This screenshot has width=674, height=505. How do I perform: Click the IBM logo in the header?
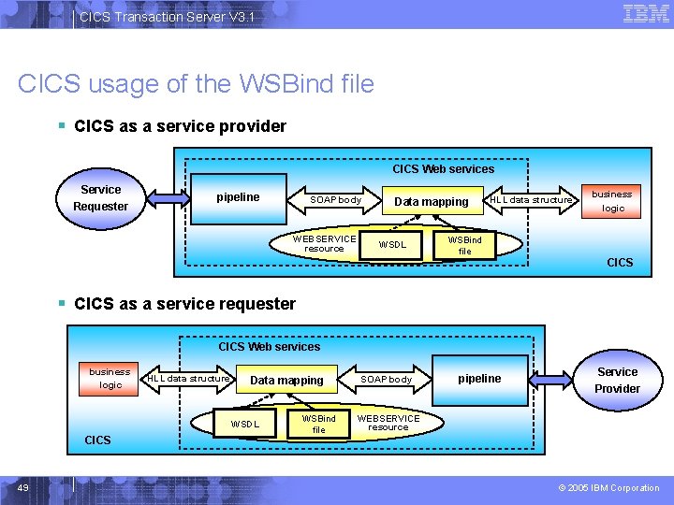tap(645, 13)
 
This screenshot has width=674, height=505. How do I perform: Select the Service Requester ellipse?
tap(100, 197)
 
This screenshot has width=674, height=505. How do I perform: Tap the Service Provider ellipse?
tap(617, 380)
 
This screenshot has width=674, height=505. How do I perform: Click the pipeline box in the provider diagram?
tap(239, 197)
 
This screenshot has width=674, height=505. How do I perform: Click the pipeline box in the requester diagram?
tap(479, 379)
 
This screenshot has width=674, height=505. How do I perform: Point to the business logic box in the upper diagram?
tap(612, 201)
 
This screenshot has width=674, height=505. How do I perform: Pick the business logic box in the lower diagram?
tap(110, 378)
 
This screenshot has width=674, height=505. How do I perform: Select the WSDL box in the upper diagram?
tap(392, 245)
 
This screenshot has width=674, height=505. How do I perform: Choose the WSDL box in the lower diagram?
tap(244, 424)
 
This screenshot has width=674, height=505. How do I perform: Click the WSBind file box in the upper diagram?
tap(464, 245)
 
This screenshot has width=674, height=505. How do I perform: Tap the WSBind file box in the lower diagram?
tap(318, 424)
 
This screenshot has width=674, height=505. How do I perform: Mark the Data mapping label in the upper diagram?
tap(431, 202)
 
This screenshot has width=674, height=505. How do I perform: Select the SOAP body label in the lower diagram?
tap(387, 380)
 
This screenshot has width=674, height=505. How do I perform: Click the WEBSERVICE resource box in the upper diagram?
tap(324, 243)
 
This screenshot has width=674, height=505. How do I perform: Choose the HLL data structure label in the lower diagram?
tap(189, 379)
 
